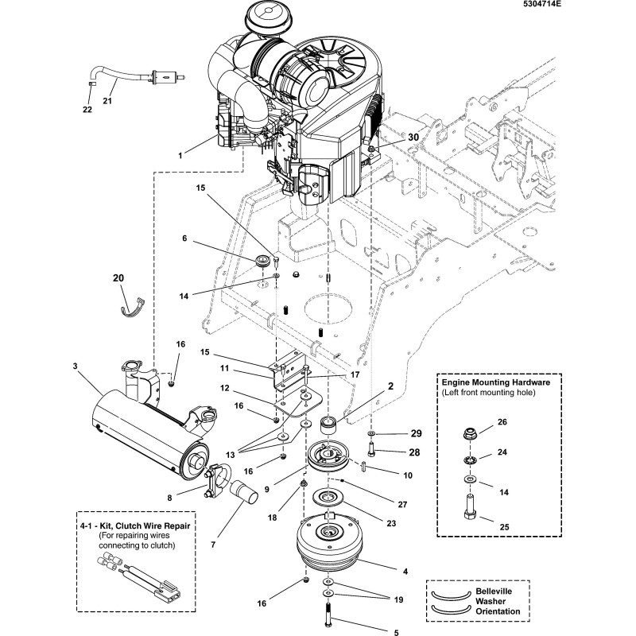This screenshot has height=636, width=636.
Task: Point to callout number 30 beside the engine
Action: pos(413,137)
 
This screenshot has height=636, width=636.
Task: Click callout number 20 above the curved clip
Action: pos(118,278)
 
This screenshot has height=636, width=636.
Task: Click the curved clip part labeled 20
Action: pos(133,305)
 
